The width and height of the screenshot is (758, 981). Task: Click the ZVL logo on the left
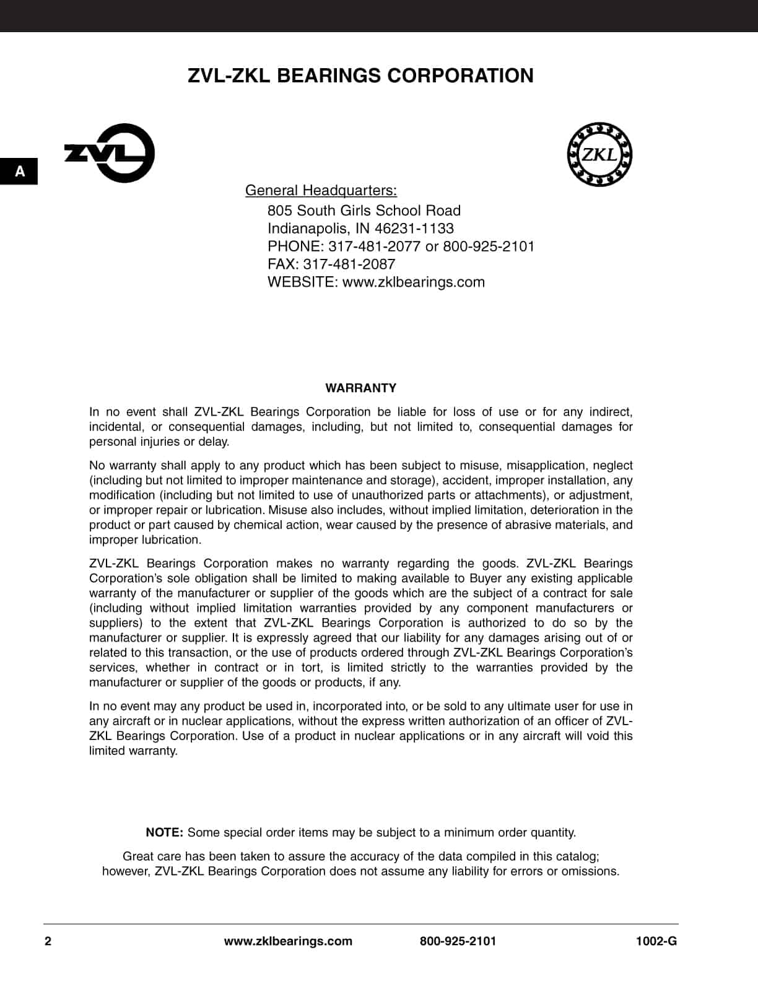[x=110, y=153]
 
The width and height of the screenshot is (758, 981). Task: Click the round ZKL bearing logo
[x=599, y=154]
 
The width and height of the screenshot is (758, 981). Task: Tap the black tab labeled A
[x=19, y=172]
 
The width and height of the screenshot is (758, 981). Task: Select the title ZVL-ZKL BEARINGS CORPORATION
[x=360, y=76]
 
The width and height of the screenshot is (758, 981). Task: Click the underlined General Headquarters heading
[x=321, y=190]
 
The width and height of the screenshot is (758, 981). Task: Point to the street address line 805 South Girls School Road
[x=364, y=211]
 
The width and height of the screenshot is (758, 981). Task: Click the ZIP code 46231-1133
[x=414, y=229]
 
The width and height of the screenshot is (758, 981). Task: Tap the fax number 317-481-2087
[x=349, y=264]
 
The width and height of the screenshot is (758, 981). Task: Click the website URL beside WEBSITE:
[x=413, y=282]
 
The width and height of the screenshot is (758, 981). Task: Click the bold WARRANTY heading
[x=360, y=388]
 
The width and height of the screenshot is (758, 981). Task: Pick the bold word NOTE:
[x=164, y=832]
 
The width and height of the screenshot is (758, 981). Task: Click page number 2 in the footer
[x=48, y=941]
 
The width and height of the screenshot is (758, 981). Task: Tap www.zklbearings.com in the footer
[x=288, y=941]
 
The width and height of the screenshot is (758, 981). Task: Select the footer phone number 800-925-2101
[x=458, y=941]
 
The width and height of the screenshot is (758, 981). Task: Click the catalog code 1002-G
[x=656, y=941]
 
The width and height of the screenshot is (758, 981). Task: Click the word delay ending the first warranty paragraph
[x=214, y=442]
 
